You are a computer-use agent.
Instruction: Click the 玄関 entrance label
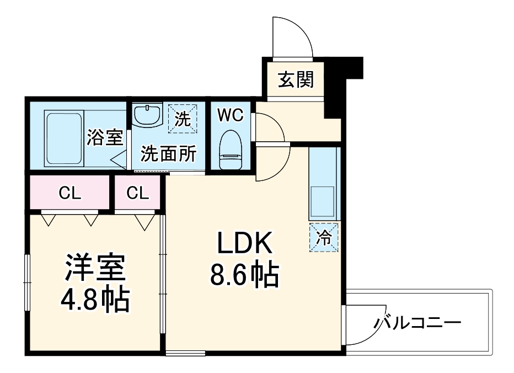pyautogui.click(x=296, y=80)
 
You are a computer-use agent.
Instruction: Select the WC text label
pyautogui.click(x=230, y=115)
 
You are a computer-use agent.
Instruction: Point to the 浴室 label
pyautogui.click(x=105, y=137)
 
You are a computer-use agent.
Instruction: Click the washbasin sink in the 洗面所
pyautogui.click(x=147, y=116)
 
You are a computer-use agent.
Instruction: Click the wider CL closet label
pyautogui.click(x=70, y=193)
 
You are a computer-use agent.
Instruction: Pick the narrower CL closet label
pyautogui.click(x=137, y=193)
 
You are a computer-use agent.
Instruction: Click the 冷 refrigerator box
pyautogui.click(x=324, y=238)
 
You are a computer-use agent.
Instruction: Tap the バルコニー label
pyautogui.click(x=416, y=322)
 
